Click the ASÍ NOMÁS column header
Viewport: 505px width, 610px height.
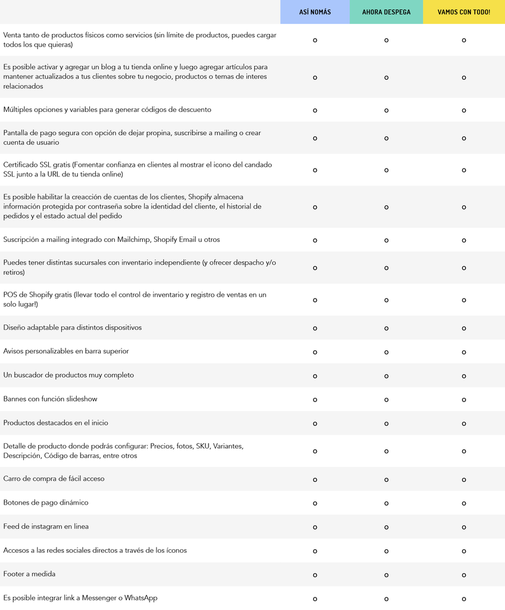point(315,12)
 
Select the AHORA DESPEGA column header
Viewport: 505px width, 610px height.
point(386,12)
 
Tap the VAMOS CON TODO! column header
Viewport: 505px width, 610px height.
point(463,12)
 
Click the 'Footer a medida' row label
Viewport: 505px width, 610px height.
point(29,574)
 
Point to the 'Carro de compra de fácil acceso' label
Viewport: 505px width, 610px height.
point(54,478)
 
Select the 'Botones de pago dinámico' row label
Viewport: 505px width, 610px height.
point(46,502)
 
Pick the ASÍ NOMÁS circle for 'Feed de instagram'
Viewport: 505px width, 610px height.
point(315,527)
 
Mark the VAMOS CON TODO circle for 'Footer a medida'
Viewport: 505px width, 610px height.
point(463,575)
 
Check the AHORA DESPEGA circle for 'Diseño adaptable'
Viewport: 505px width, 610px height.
point(386,328)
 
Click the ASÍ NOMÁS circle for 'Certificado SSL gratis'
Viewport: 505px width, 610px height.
point(315,170)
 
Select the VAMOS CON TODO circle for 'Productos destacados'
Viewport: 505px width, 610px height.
point(463,424)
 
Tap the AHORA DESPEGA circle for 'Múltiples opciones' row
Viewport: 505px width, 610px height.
point(386,110)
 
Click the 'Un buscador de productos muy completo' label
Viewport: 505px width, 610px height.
point(68,375)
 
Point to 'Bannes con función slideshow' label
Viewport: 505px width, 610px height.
point(50,399)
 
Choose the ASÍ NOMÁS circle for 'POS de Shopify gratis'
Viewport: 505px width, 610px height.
point(315,300)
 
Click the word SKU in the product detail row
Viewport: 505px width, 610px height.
point(202,446)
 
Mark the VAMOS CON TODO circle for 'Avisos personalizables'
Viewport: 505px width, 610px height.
point(463,352)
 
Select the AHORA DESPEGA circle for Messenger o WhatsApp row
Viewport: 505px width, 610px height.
point(386,599)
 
